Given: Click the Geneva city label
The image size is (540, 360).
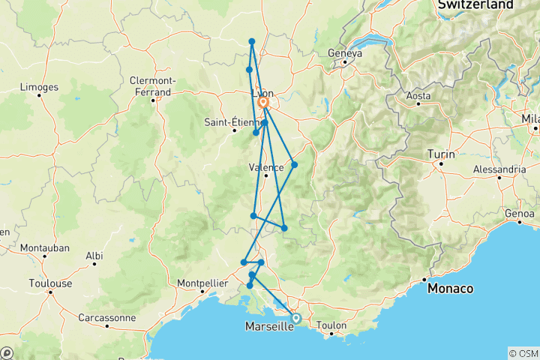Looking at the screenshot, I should tap(345, 53).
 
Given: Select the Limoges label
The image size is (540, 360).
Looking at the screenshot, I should tap(39, 88).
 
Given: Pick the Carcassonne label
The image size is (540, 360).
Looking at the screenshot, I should tap(107, 317).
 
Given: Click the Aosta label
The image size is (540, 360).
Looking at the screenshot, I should tap(418, 96).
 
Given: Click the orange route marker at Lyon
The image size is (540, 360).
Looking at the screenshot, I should tap(263, 103).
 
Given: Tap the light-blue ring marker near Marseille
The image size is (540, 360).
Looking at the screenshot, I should tap(295, 318).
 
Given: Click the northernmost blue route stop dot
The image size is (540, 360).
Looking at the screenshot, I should tap(252, 41).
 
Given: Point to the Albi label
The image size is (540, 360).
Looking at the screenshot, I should tap(94, 256).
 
